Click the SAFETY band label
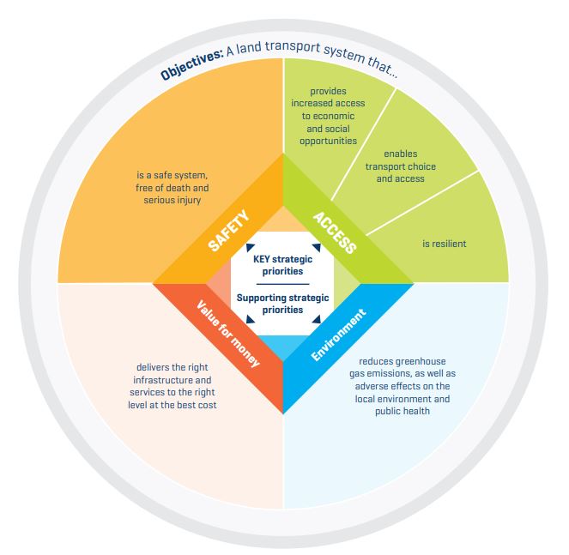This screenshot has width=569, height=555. pyautogui.click(x=228, y=231)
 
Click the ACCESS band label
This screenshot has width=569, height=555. pyautogui.click(x=335, y=232)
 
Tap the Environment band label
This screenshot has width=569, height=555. pyautogui.click(x=339, y=335)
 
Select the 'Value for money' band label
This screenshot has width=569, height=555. pyautogui.click(x=228, y=334)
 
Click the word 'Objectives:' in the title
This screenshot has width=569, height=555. pyautogui.click(x=191, y=64)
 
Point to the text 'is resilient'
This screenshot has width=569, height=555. pyautogui.click(x=445, y=244)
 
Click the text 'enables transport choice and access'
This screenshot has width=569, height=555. pyautogui.click(x=400, y=166)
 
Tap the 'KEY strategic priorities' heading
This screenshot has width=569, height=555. pyautogui.click(x=282, y=265)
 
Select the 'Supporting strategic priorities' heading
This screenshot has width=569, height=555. pyautogui.click(x=282, y=304)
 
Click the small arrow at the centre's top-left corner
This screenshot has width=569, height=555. pyautogui.click(x=250, y=247)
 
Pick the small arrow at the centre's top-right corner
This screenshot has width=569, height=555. pyautogui.click(x=316, y=247)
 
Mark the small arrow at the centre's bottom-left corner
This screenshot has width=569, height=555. pyautogui.click(x=250, y=319)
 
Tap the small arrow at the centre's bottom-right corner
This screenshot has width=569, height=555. pyautogui.click(x=316, y=319)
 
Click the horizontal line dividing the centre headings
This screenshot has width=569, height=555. pyautogui.click(x=282, y=284)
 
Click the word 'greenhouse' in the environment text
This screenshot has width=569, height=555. pyautogui.click(x=421, y=362)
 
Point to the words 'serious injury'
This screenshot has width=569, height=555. pyautogui.click(x=172, y=200)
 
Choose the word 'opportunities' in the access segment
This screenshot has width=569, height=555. pyautogui.click(x=328, y=141)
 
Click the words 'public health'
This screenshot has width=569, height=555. pyautogui.click(x=403, y=411)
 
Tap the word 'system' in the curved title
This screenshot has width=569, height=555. pyautogui.click(x=344, y=54)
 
